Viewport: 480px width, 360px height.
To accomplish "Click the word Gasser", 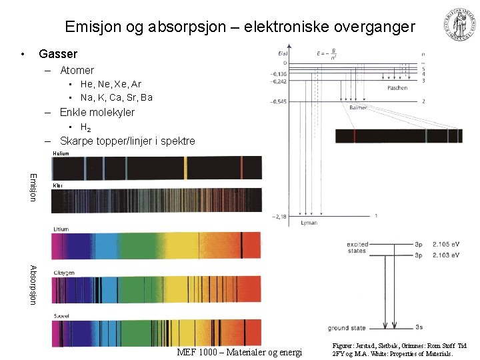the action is tap(58, 54).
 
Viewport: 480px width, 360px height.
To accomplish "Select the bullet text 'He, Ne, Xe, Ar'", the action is tap(111, 84).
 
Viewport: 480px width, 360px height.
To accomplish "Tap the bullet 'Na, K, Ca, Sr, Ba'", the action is tap(116, 97).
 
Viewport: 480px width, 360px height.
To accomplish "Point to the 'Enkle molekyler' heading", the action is tap(97, 112).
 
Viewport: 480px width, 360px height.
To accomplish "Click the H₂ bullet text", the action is tap(86, 127).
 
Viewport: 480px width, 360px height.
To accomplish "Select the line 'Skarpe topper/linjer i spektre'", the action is tap(127, 141).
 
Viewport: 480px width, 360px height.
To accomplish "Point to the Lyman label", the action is tap(309, 222).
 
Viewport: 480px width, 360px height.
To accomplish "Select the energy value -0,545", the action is tap(279, 102).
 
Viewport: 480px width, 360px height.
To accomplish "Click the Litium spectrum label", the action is tap(60, 229).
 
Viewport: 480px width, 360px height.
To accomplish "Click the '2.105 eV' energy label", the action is tap(446, 245).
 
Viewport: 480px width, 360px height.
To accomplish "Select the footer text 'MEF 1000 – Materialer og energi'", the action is tap(239, 352).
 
